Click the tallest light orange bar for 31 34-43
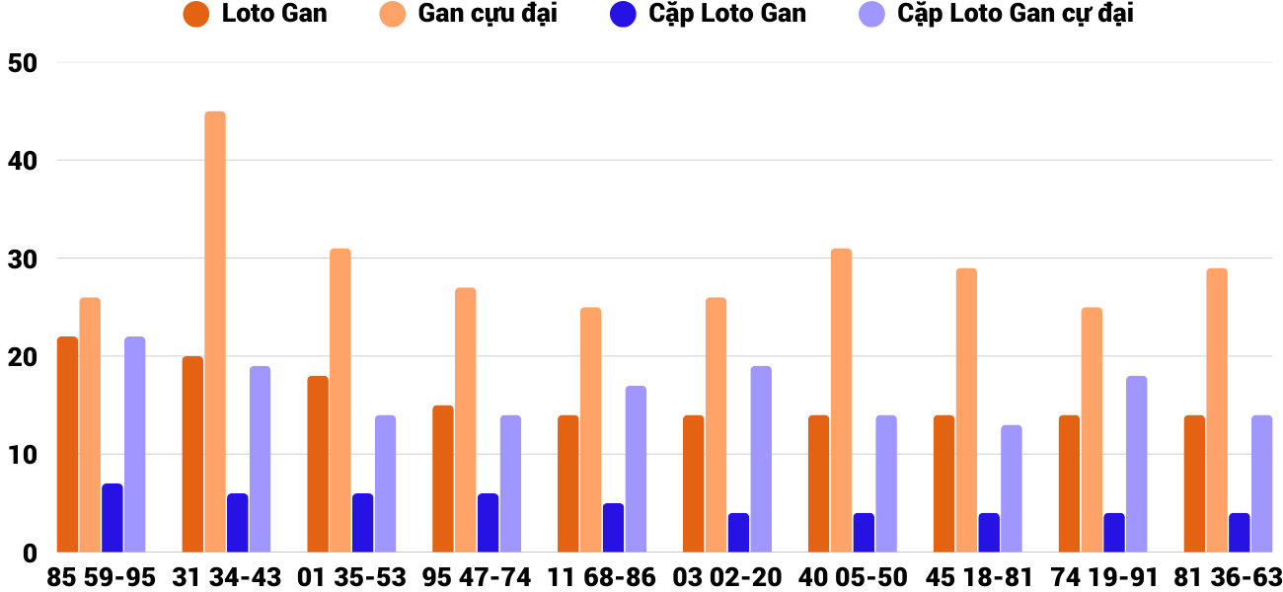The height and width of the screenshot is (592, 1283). tap(215, 332)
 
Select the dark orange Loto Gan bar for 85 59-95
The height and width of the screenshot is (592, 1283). tap(67, 444)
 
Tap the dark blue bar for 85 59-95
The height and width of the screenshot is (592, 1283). tap(113, 518)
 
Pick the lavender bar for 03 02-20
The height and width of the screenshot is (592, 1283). tap(761, 459)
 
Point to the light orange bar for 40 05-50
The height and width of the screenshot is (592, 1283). tap(841, 400)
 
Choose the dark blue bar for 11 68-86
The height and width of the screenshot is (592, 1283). tap(614, 528)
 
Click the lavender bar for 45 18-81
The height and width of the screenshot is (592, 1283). tap(1012, 488)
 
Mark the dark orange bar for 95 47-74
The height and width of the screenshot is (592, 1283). tap(443, 479)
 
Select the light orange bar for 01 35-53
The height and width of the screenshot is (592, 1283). tap(340, 400)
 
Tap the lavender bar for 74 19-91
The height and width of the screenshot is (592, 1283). tap(1137, 464)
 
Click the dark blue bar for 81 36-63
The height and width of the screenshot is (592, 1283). tap(1240, 533)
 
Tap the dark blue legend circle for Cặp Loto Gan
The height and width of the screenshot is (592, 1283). tap(622, 15)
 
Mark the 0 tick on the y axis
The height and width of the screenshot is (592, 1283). tap(30, 553)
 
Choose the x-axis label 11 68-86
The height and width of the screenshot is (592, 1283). tap(602, 577)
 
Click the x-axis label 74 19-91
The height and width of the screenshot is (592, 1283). tap(1102, 577)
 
